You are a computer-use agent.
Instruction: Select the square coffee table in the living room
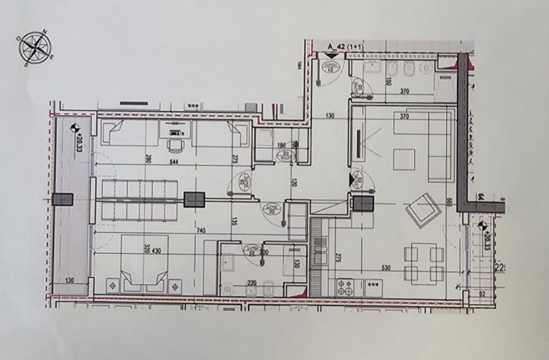point(405,159)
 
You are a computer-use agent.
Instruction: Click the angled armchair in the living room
point(424,209)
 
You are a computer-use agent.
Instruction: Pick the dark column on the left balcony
point(63,199)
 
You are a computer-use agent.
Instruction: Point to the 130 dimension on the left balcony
point(70,280)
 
